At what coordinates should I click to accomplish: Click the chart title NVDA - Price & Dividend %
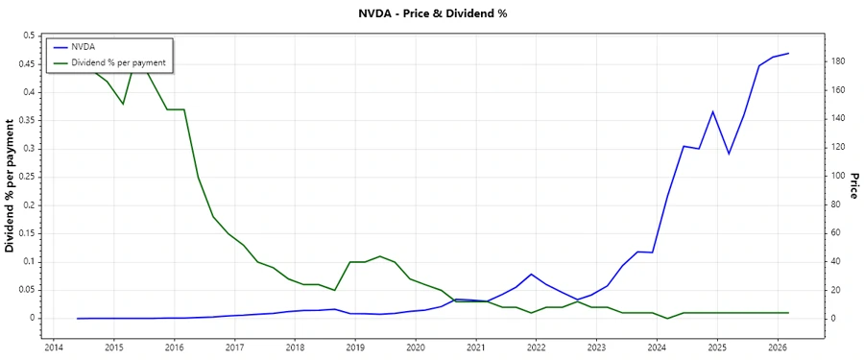tap(431, 14)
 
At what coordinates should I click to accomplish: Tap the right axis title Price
tap(852, 186)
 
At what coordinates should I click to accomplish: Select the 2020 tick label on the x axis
tap(416, 348)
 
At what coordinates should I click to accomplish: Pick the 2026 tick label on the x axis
tap(779, 348)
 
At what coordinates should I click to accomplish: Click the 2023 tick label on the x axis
tap(597, 348)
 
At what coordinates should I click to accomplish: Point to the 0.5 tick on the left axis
tap(28, 36)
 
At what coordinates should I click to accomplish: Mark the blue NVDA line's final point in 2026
tap(788, 53)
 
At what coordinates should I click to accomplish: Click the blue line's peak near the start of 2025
tap(713, 111)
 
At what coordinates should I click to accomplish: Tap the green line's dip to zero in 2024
tap(668, 318)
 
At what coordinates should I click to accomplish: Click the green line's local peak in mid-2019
tap(380, 256)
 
